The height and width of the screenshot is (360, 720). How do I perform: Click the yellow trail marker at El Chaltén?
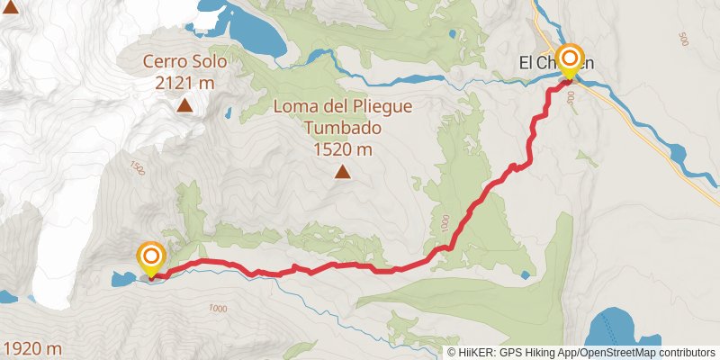570,60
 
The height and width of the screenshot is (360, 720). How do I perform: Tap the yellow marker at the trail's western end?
150,258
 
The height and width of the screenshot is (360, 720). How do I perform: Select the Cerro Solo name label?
184,63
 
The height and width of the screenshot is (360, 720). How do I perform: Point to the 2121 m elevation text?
184,83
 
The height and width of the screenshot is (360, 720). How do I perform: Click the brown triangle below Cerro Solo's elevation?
184,106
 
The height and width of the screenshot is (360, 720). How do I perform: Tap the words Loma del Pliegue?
342,107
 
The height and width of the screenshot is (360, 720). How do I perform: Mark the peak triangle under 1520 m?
342,172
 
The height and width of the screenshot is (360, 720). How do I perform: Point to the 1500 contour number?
138,167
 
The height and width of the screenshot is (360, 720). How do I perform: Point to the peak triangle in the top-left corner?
10,9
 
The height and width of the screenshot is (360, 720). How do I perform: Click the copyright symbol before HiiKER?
451,352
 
